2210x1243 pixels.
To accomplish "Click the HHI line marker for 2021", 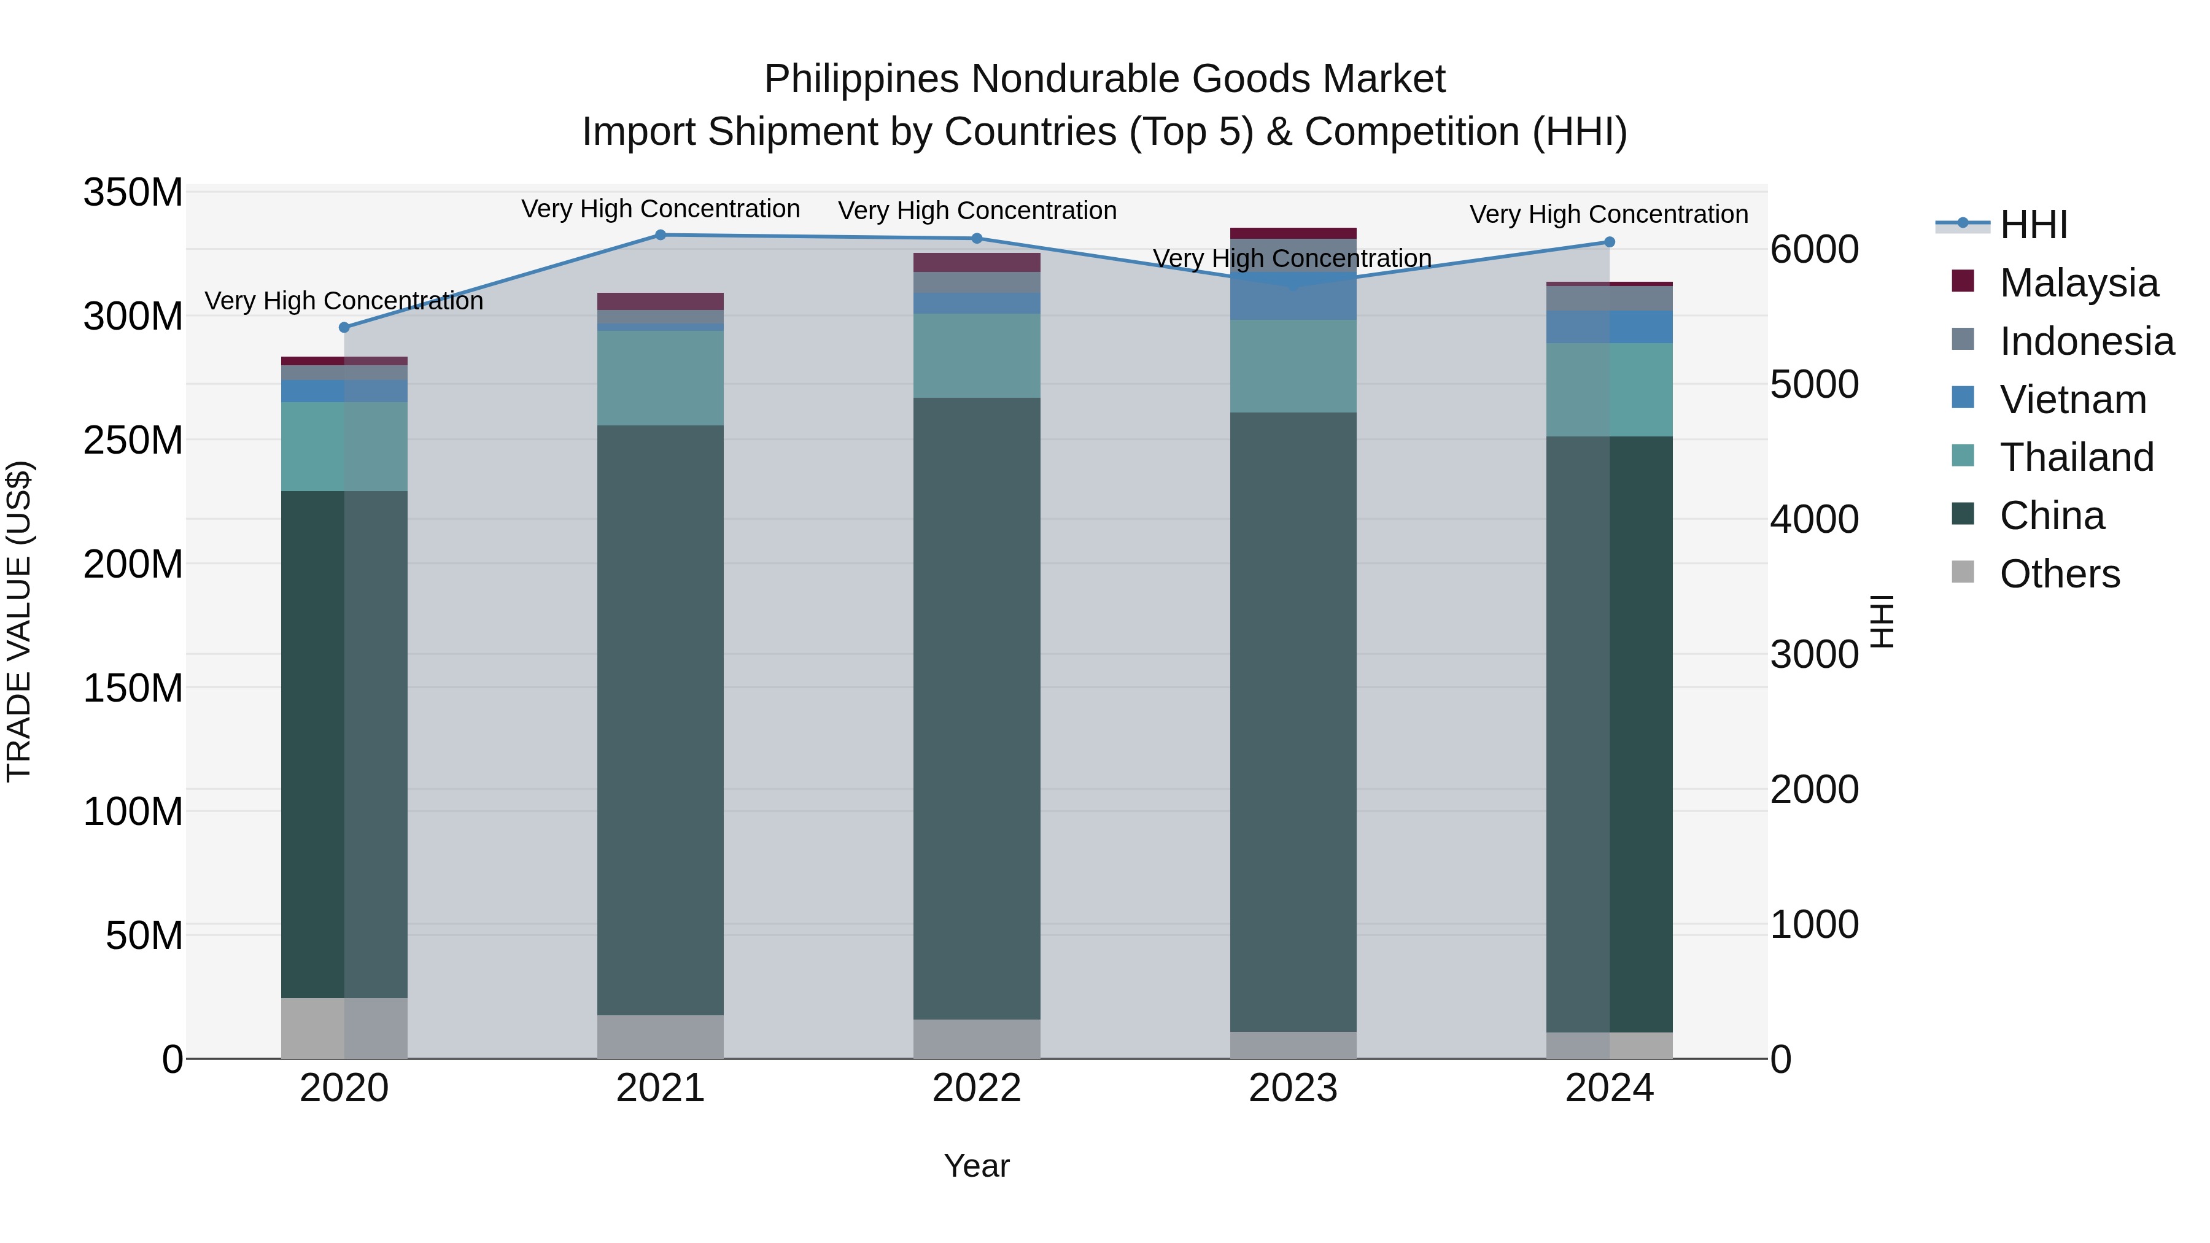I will tap(661, 235).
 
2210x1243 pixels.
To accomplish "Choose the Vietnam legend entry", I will tap(2072, 400).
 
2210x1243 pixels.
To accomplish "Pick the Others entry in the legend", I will tap(2059, 574).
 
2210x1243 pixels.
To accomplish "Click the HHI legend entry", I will tap(2033, 225).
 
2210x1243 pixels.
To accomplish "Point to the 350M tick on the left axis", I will tap(133, 193).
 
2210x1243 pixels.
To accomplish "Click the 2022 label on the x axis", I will tap(976, 1088).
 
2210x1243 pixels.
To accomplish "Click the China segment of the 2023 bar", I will tap(1293, 721).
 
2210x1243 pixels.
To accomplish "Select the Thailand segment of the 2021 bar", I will tap(661, 378).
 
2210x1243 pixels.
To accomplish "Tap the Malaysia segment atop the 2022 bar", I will tap(976, 261).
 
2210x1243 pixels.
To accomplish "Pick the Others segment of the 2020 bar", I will tap(344, 1028).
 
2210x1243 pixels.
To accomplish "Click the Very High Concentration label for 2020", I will tap(344, 301).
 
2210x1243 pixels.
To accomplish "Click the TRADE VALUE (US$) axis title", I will tap(19, 622).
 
